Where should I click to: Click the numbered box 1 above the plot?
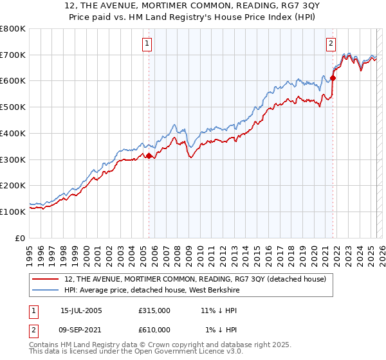tap(147, 44)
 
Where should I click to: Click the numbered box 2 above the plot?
tap(331, 44)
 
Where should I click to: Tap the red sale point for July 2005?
tap(149, 156)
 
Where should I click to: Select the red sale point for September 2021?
tap(333, 78)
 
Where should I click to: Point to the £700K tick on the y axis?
tap(15, 55)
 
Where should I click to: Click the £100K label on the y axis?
tap(15, 212)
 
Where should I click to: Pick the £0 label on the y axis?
tap(21, 238)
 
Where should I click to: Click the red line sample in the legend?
tap(46, 279)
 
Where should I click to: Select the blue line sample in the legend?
tap(46, 289)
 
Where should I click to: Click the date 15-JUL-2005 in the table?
tap(81, 310)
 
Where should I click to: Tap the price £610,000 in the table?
tap(154, 330)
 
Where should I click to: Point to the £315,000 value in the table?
tap(154, 310)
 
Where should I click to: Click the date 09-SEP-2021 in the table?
tap(81, 330)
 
